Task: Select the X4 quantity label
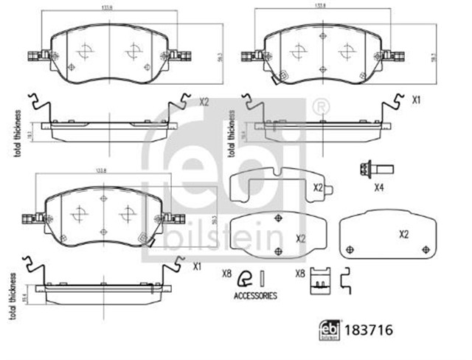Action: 379,187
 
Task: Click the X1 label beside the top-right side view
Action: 416,99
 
